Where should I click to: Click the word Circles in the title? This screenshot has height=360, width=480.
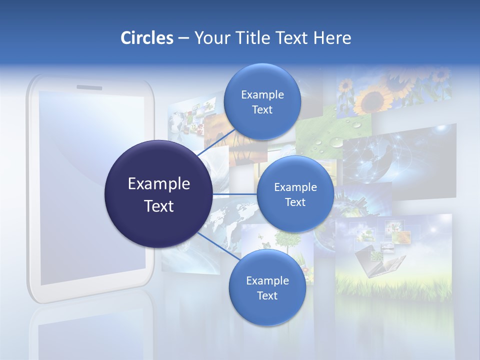(146, 38)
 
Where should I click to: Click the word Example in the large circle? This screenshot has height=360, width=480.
(158, 184)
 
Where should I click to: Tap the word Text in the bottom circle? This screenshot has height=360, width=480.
(267, 295)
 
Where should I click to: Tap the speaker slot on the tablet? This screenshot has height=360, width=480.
(89, 87)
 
